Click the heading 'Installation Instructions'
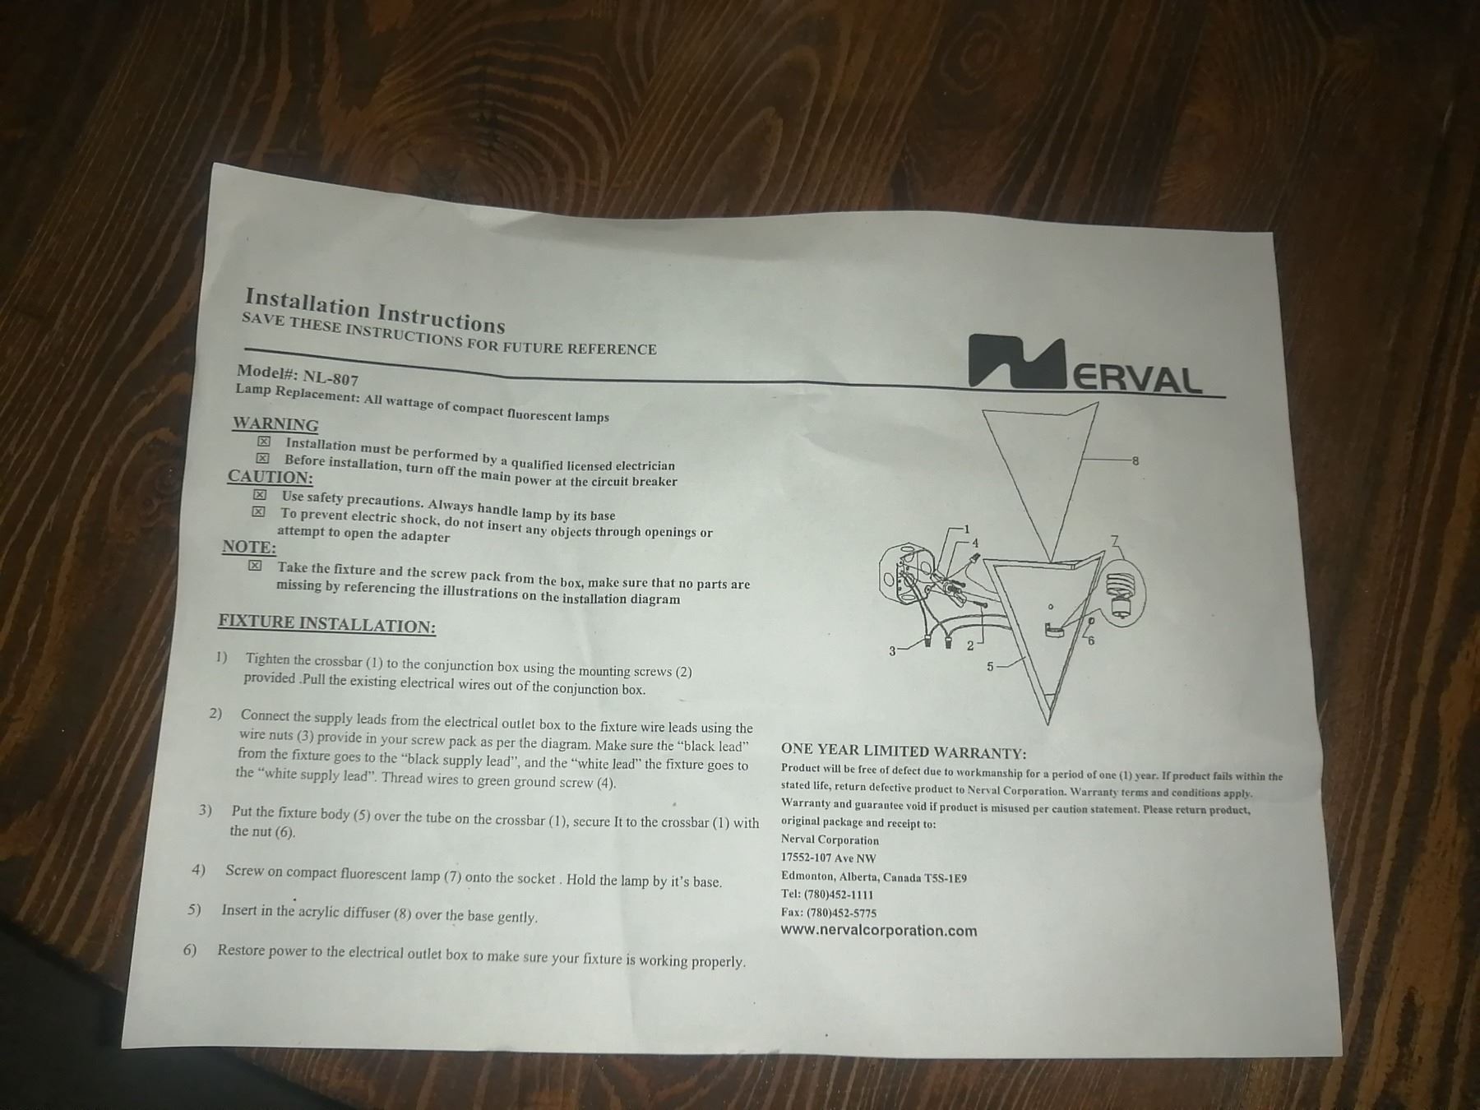[x=375, y=309]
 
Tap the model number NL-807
[x=331, y=377]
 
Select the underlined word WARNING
[x=275, y=424]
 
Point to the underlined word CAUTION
[x=271, y=477]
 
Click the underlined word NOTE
[x=249, y=547]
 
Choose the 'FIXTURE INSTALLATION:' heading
[x=326, y=624]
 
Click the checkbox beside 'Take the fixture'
[x=255, y=566]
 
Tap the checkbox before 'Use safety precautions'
[x=260, y=495]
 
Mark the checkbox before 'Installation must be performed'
[x=264, y=442]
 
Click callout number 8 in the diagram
[x=1135, y=460]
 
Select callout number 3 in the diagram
[x=892, y=651]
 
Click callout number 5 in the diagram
[x=991, y=667]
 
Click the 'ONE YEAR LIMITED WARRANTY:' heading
[x=904, y=751]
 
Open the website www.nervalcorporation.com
[x=879, y=931]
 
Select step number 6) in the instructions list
[x=190, y=950]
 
